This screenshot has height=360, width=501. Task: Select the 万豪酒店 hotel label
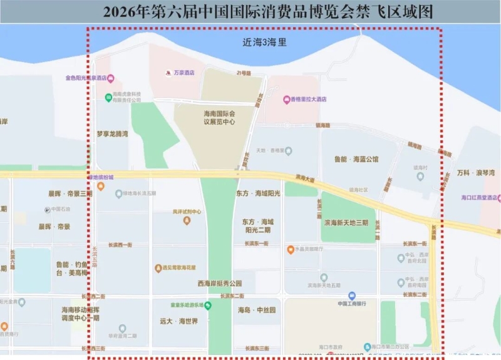[183, 73]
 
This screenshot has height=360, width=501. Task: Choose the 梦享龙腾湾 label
[112, 134]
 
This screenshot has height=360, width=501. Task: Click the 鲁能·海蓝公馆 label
[356, 160]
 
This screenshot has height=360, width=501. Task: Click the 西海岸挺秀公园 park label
[218, 283]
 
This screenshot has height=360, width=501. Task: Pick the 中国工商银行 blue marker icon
[352, 295]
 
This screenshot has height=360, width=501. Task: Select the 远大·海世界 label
[178, 321]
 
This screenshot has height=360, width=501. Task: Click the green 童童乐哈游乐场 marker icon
[208, 306]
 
